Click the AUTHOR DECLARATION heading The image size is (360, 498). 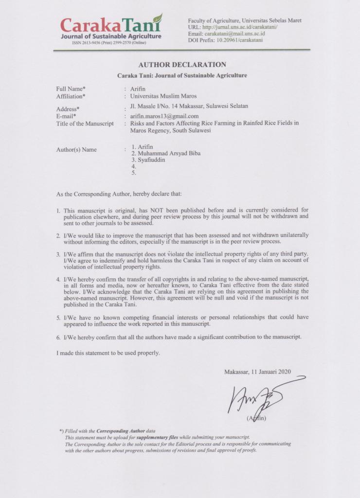coord(182,65)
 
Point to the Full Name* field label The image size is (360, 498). coord(71,89)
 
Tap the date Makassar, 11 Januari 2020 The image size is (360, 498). coord(257,372)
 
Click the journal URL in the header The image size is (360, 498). coord(233,27)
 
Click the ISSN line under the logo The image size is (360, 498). coord(109,43)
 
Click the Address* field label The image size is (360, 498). coord(68,109)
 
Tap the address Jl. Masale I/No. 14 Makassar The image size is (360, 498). coord(186,106)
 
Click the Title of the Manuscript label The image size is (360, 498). coord(85,124)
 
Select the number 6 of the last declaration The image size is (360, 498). coord(58,337)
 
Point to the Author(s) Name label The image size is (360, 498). coord(77,149)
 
